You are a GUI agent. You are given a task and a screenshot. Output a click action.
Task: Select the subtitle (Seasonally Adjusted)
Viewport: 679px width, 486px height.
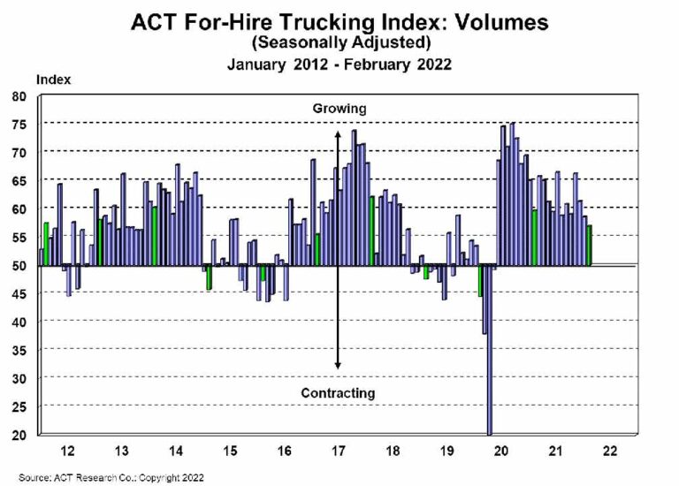[339, 42]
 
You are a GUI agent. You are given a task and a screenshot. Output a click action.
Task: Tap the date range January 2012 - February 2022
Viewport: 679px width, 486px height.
[339, 64]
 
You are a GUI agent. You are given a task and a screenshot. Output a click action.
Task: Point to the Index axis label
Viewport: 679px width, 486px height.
[53, 80]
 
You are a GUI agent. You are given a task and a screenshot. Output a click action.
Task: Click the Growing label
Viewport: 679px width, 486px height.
[339, 109]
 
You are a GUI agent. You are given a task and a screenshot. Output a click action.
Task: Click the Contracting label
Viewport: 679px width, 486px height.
[338, 392]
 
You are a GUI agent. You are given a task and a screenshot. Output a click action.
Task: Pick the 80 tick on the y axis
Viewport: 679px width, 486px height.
[19, 95]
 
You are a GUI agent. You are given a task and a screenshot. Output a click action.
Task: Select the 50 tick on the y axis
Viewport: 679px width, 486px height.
[19, 265]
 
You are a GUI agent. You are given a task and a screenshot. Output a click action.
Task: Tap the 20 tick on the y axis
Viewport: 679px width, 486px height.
[19, 435]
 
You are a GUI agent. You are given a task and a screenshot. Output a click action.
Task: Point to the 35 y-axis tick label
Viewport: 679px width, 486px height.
[19, 350]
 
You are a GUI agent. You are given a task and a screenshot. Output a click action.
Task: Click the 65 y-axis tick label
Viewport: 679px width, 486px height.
[19, 180]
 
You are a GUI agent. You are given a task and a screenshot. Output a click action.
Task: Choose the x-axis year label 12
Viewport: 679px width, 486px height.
[67, 451]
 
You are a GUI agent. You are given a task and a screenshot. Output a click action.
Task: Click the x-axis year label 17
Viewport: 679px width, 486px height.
[338, 451]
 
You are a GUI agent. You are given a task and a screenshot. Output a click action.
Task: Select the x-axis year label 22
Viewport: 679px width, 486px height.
[610, 451]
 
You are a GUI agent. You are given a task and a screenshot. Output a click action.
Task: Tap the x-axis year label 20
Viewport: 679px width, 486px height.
[501, 451]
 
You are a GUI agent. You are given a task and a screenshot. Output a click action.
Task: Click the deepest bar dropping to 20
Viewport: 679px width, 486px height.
[490, 353]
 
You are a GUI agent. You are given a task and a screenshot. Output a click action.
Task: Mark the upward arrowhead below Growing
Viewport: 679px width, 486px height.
[338, 134]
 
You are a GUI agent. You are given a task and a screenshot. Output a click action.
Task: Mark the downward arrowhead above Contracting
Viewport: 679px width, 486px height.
[338, 365]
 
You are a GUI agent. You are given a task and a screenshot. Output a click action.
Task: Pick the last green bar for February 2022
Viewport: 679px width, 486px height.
[590, 246]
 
